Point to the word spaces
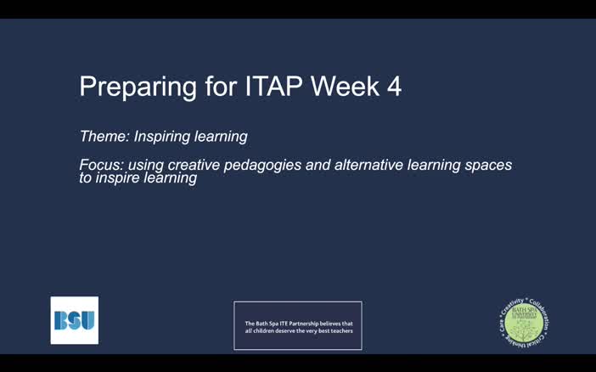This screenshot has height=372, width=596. (x=491, y=165)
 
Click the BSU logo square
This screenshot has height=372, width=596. (x=75, y=320)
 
